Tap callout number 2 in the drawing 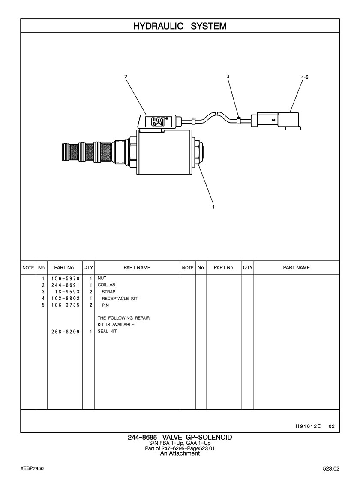coord(126,77)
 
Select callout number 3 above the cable coord(228,76)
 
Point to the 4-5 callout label coord(305,78)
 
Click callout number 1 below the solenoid coord(213,207)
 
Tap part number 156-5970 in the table coord(66,278)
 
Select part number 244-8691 coord(66,285)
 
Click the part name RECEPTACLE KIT coord(120,299)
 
